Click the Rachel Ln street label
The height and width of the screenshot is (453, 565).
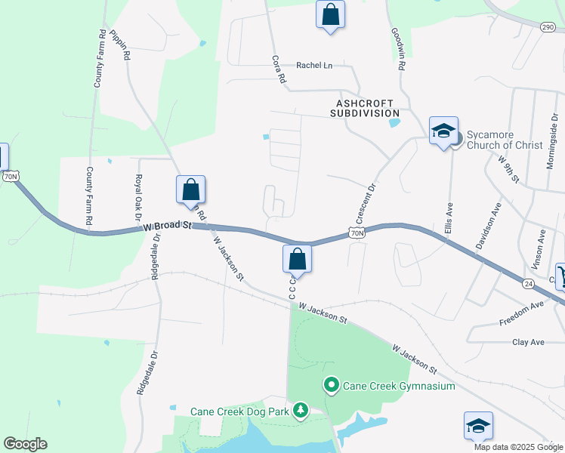pyautogui.click(x=314, y=66)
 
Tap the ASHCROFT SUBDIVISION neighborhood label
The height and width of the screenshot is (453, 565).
pyautogui.click(x=363, y=107)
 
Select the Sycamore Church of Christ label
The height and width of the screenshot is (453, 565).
pyautogui.click(x=504, y=140)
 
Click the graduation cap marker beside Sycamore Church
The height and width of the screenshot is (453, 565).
pyautogui.click(x=443, y=131)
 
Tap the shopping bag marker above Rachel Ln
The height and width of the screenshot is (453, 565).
pyautogui.click(x=330, y=14)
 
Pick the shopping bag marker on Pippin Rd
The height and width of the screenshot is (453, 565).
pyautogui.click(x=191, y=190)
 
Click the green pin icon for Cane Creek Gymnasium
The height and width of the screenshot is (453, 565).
pyautogui.click(x=331, y=386)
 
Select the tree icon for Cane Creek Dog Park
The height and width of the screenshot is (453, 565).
pyautogui.click(x=301, y=411)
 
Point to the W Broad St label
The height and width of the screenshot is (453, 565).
pyautogui.click(x=165, y=227)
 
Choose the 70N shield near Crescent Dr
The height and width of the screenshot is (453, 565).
pyautogui.click(x=357, y=234)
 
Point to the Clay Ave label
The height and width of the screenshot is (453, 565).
pyautogui.click(x=529, y=342)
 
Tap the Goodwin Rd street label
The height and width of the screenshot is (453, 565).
pyautogui.click(x=398, y=50)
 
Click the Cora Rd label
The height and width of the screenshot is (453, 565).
pyautogui.click(x=279, y=69)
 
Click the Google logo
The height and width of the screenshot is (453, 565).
pyautogui.click(x=25, y=444)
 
